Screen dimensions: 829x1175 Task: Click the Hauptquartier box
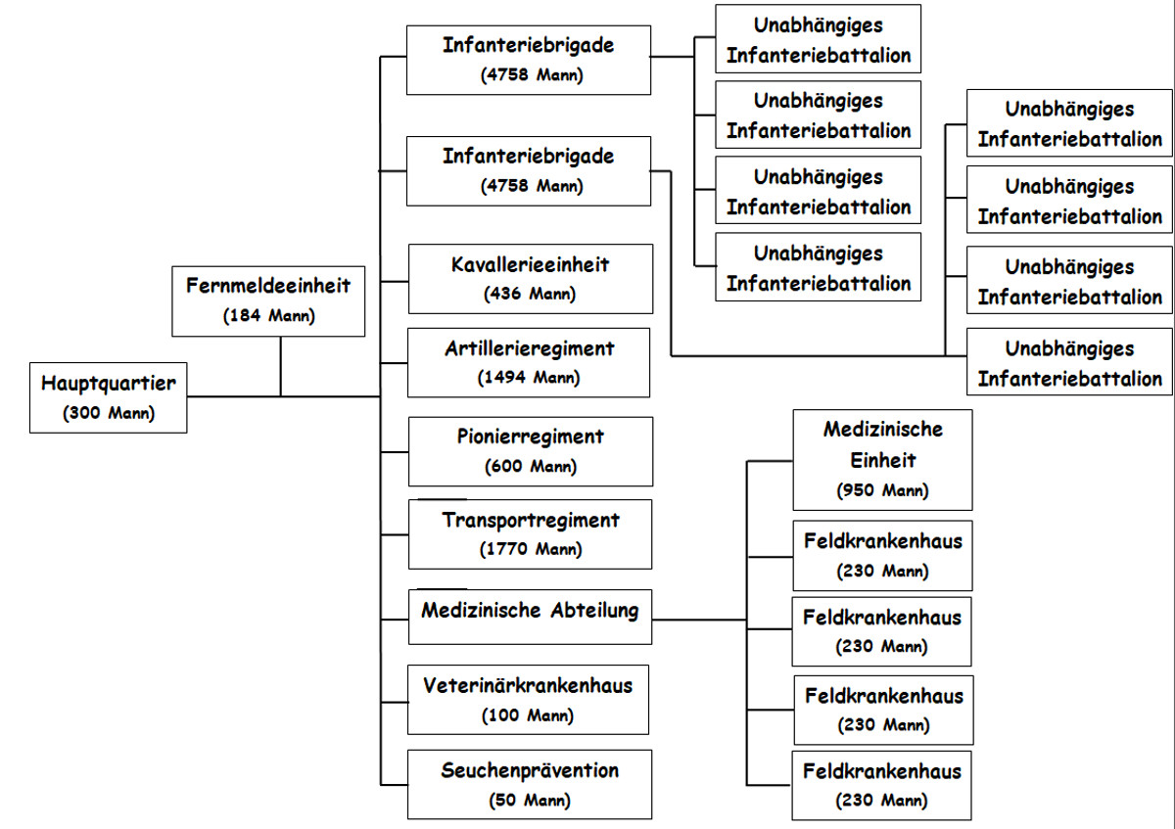tap(108, 397)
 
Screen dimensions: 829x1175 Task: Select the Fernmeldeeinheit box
tap(267, 301)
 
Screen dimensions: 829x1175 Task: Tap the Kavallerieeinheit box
tap(530, 278)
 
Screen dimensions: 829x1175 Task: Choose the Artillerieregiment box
tap(529, 362)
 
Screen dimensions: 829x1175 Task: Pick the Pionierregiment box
tap(530, 451)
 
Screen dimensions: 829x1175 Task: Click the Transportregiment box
tap(530, 534)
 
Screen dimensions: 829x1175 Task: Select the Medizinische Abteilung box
tap(530, 617)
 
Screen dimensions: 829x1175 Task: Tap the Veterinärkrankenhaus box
tap(528, 700)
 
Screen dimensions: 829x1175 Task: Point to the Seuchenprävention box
tap(530, 785)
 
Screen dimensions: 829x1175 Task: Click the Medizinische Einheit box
tap(882, 459)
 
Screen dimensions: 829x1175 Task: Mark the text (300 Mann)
tap(109, 413)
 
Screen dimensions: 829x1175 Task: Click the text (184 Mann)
tap(267, 316)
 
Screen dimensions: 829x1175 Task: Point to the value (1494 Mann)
tap(529, 377)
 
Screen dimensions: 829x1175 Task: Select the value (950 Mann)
tap(882, 490)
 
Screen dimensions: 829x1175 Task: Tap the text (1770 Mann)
tap(531, 549)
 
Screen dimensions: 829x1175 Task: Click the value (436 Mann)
tap(530, 293)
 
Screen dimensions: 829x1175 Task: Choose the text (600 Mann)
tap(531, 466)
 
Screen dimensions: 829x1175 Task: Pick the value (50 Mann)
tap(530, 800)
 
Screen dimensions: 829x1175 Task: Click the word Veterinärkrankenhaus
tap(528, 685)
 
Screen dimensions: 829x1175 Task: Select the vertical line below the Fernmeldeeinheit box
tap(281, 367)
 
